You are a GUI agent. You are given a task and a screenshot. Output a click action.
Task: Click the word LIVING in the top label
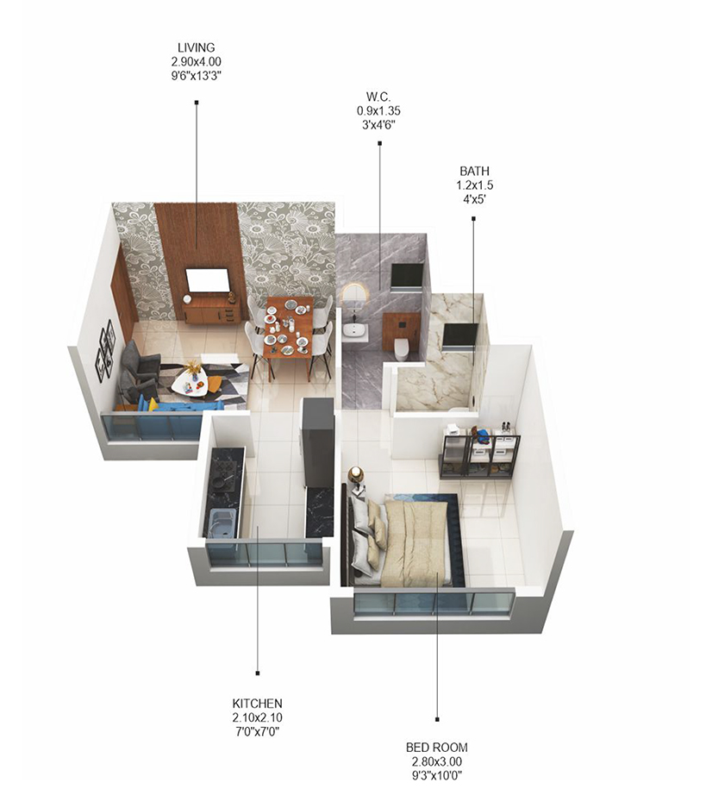click(196, 47)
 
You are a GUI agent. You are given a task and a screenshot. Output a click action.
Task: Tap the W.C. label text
click(378, 97)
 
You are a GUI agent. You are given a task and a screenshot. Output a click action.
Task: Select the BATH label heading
click(474, 171)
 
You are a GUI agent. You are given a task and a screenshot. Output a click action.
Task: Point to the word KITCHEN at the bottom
click(256, 704)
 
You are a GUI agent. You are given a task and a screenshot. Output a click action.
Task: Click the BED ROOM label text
click(436, 747)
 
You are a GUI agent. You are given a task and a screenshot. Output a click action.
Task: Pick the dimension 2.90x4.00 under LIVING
click(196, 60)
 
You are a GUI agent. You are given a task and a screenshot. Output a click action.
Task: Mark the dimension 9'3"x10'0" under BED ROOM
click(436, 774)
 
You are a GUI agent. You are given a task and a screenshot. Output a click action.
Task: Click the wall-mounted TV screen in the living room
click(208, 280)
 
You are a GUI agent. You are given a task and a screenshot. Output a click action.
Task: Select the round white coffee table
click(190, 383)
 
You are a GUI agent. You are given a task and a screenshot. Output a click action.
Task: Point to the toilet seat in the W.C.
click(401, 347)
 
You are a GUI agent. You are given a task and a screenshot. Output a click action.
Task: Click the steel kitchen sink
click(221, 523)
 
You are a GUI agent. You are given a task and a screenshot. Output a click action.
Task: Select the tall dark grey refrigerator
click(317, 441)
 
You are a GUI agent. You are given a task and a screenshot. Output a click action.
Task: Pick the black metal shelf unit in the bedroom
click(479, 451)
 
